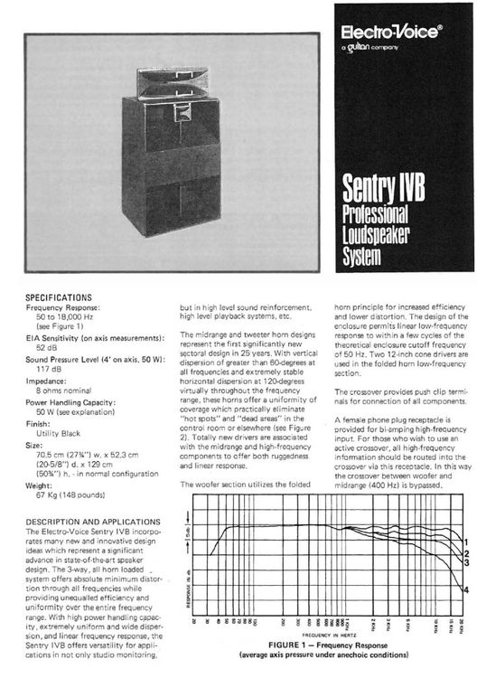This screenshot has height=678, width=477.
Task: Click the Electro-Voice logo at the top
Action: coord(390,32)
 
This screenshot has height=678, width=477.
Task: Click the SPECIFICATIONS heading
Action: coord(59,297)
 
